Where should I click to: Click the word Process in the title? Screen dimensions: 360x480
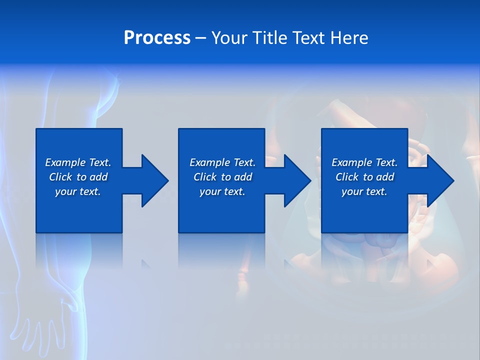[x=157, y=38]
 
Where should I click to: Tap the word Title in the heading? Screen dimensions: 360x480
[x=270, y=38]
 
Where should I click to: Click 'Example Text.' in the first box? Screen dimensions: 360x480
[x=78, y=162]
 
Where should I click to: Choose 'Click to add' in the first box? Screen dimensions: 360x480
[x=78, y=177]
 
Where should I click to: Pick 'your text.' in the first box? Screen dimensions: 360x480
[x=78, y=191]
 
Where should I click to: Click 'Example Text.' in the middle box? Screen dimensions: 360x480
[x=222, y=162]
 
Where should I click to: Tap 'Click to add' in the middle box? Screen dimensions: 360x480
[x=222, y=177]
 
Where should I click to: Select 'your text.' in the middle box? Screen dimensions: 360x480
[x=222, y=191]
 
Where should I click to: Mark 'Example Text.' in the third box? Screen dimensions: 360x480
[x=364, y=162]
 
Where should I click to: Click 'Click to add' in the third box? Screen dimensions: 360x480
[x=364, y=177]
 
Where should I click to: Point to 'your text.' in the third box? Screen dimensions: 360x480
[x=364, y=191]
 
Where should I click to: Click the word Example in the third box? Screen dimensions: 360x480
[x=352, y=162]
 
